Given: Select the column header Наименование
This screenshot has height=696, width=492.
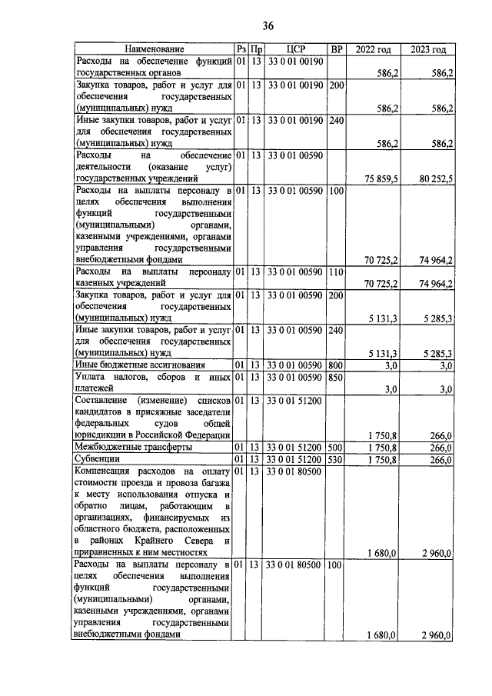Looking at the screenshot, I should pos(154,49).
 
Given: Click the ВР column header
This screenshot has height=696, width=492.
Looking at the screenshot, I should pos(335,49).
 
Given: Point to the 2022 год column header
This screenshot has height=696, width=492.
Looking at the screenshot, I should pos(373,49).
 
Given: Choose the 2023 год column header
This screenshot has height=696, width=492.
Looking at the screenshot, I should pos(427,49).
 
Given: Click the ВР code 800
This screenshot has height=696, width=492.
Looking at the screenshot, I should pos(335,364).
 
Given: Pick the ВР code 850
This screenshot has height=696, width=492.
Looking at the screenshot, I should pos(335,377).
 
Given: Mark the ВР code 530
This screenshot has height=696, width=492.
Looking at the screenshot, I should pos(335,459).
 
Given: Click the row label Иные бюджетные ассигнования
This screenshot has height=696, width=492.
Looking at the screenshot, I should pos(129,364).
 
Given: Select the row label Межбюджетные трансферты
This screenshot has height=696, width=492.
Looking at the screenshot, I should pos(124,447).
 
